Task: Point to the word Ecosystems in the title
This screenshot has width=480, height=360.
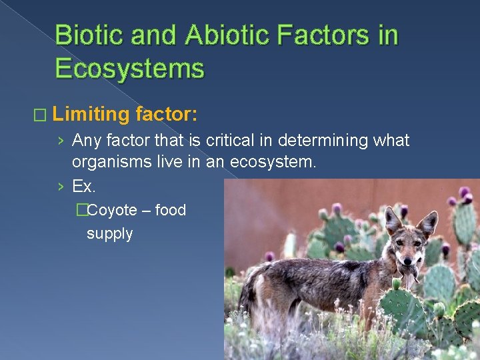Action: click(129, 68)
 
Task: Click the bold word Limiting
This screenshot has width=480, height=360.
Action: click(91, 115)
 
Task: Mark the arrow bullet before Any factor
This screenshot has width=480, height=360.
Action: click(61, 141)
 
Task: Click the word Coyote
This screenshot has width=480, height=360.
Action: click(112, 211)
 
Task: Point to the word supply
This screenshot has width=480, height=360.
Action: click(109, 234)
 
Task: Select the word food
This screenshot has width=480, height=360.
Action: click(170, 211)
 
